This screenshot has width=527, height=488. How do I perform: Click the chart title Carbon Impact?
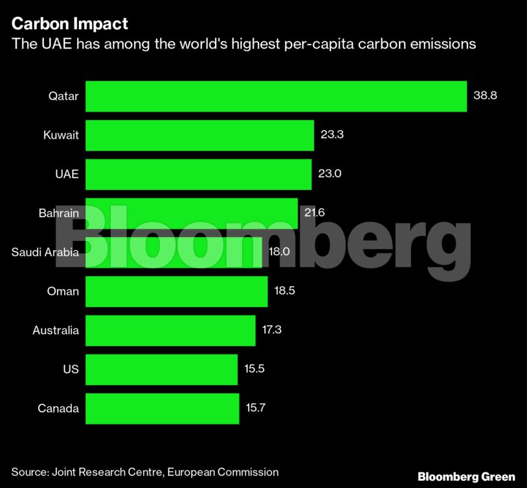point(70,25)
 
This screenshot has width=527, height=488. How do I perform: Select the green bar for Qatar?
point(276,97)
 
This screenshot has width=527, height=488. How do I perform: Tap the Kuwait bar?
point(199,135)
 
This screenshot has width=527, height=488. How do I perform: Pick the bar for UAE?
point(198,174)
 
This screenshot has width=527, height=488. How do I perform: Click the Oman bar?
point(176,291)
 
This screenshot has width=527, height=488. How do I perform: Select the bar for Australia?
point(170,331)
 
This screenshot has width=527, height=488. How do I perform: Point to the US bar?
point(161,369)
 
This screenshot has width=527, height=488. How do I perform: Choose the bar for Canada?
point(162,408)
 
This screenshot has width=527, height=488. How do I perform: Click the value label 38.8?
point(485,97)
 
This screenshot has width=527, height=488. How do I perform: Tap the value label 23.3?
point(332,135)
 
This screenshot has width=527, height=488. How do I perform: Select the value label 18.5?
point(285,291)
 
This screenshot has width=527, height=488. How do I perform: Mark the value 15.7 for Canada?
point(256,408)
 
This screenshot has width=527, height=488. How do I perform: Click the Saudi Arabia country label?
point(45,252)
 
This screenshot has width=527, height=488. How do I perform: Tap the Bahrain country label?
point(58,213)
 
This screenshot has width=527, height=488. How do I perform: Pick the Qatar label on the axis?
point(63,97)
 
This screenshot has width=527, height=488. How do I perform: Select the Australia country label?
point(56,331)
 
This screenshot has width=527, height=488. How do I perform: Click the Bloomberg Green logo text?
point(466,476)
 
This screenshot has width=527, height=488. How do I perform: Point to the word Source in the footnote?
point(30,472)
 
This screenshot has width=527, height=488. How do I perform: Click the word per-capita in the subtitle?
point(322,44)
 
